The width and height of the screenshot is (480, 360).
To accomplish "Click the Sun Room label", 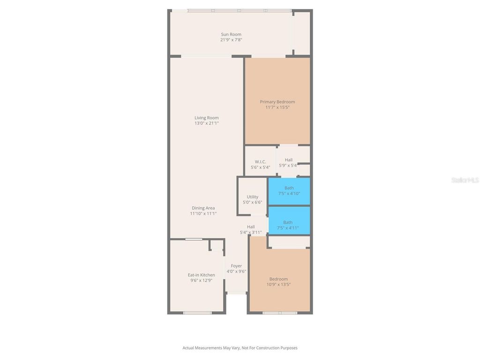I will tap(231, 34).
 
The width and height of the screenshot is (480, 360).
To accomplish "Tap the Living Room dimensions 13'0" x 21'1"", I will tap(207, 123).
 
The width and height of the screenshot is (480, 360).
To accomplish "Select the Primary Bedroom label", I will tap(277, 102).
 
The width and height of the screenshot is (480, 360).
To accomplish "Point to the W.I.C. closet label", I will tap(260, 162).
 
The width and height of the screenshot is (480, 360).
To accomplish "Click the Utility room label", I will tap(252, 197).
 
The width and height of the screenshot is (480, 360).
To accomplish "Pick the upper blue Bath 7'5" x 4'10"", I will tap(289, 191).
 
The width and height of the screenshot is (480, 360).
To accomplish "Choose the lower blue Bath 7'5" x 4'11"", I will tap(288, 225).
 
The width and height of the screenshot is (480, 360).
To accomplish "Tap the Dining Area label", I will tap(203, 208).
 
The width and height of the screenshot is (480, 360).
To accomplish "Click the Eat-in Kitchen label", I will tap(202, 275).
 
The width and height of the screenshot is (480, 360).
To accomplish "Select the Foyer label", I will tap(236, 266).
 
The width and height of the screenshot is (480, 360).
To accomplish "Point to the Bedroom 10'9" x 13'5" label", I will tap(278, 279).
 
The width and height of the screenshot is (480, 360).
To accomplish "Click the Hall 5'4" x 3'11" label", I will tap(251, 227).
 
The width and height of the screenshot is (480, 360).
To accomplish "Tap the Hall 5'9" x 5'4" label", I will tap(288, 160).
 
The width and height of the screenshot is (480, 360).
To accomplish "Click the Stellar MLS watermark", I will tap(465, 180).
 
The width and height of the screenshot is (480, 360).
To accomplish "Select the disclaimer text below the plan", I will tap(240, 348).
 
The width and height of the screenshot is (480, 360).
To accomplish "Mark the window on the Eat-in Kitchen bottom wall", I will tap(197, 313).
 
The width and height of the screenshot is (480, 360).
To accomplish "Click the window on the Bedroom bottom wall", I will tap(280, 313).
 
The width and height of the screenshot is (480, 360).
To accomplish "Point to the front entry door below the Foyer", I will tap(237, 293).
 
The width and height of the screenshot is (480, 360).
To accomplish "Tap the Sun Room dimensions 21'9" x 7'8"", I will tap(231, 40).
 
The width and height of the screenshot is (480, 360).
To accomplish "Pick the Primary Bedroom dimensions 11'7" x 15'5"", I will tap(277, 107).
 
